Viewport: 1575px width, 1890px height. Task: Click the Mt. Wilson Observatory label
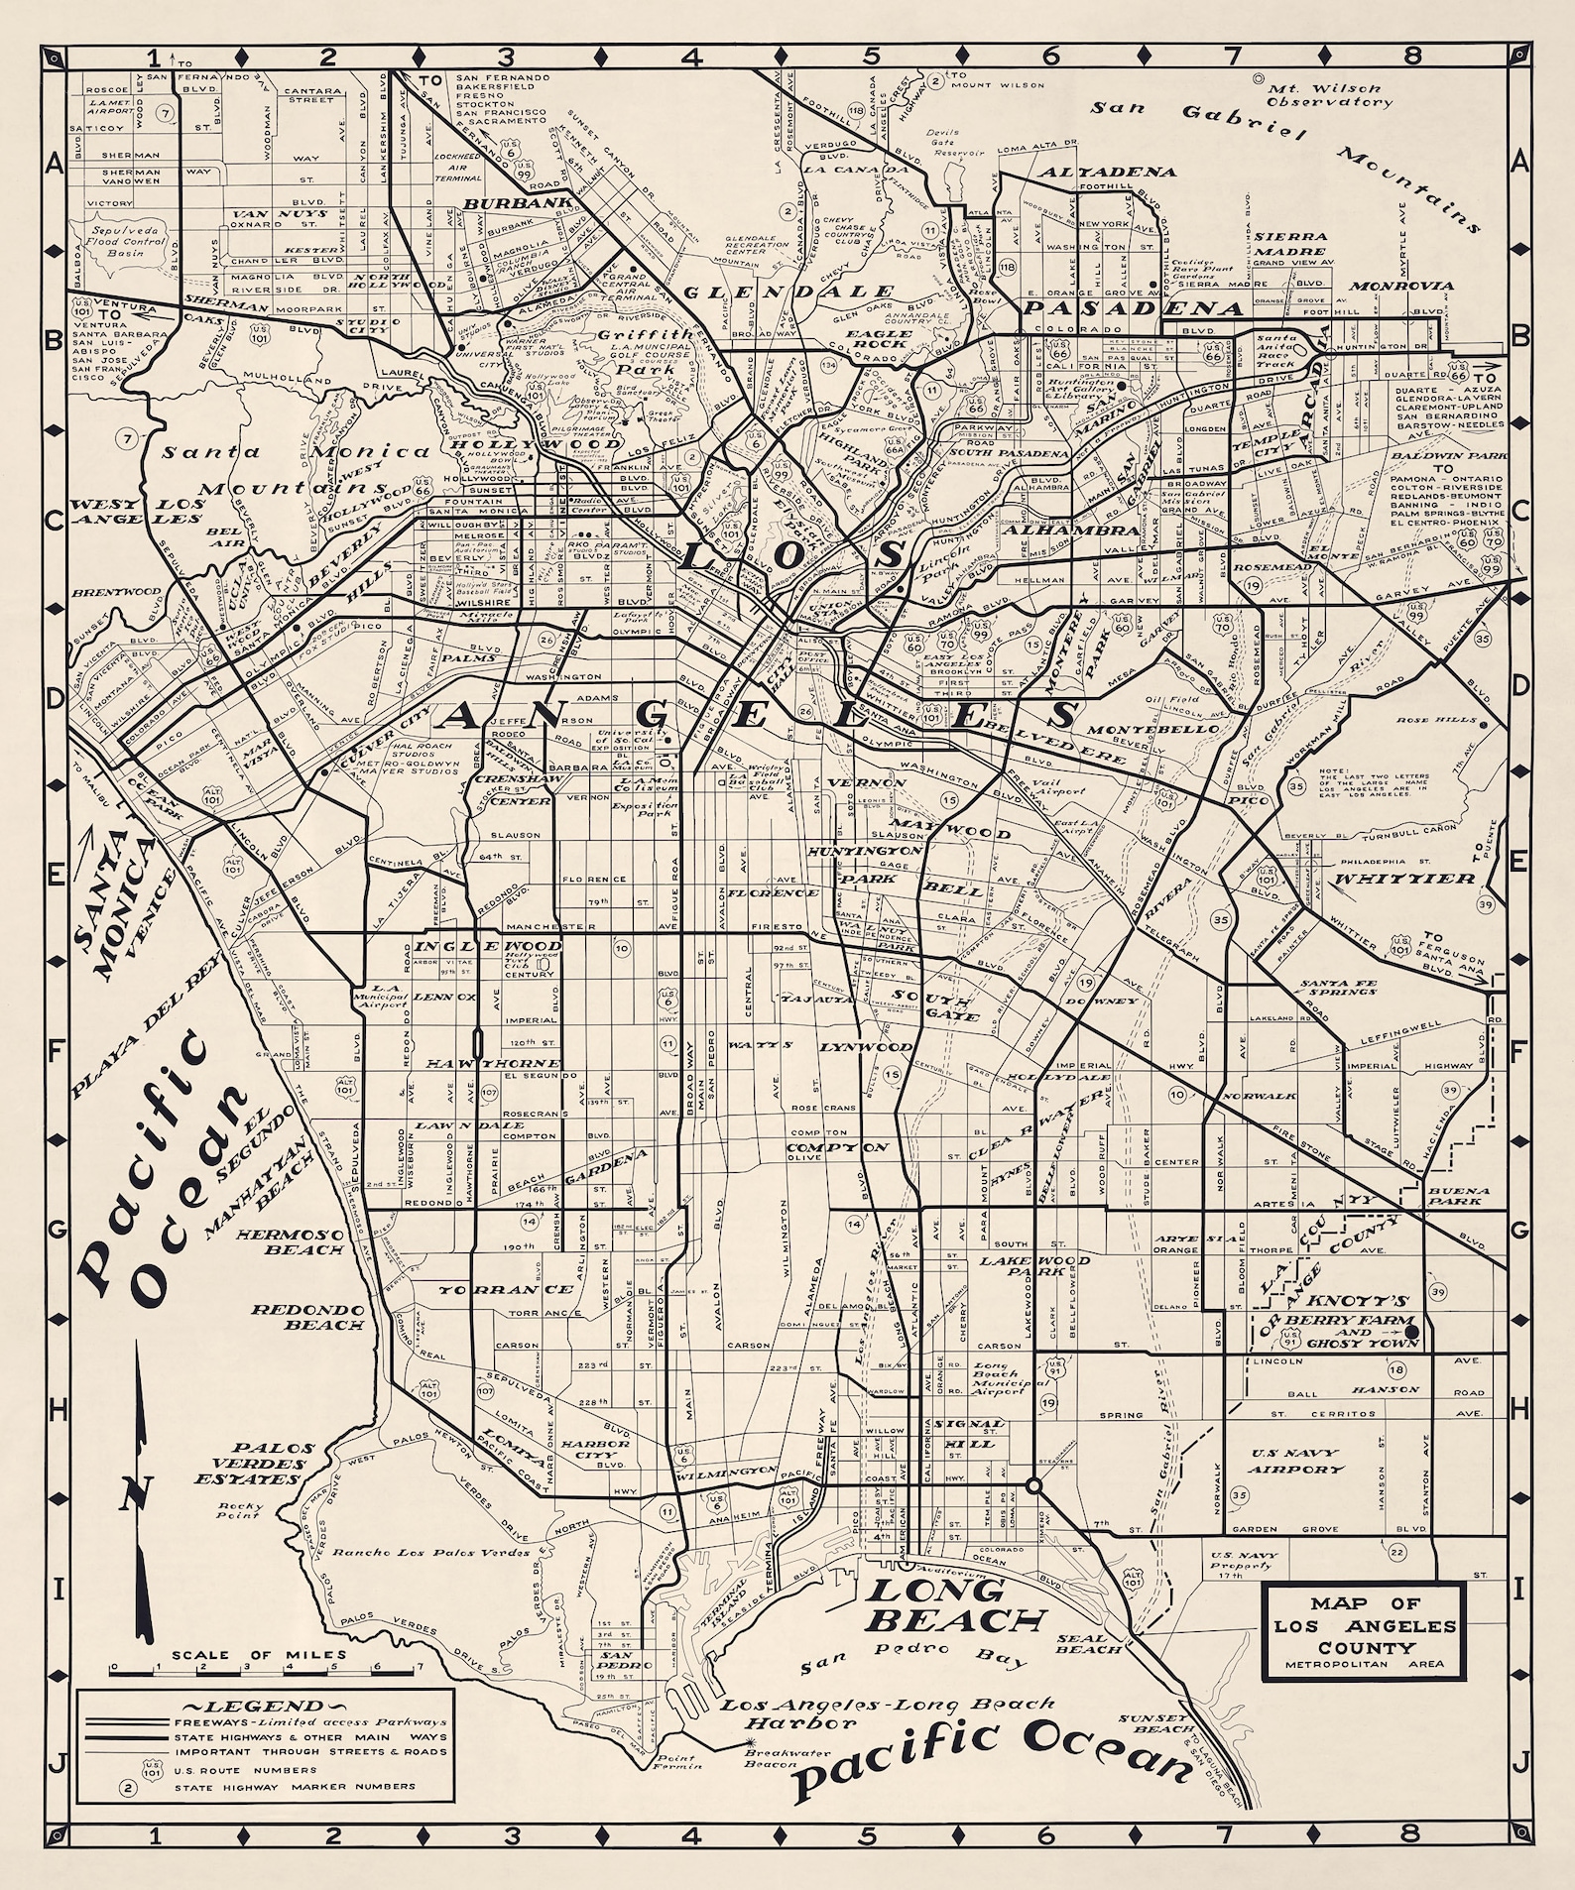[1329, 94]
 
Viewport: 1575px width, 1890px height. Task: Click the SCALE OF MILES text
[260, 1655]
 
